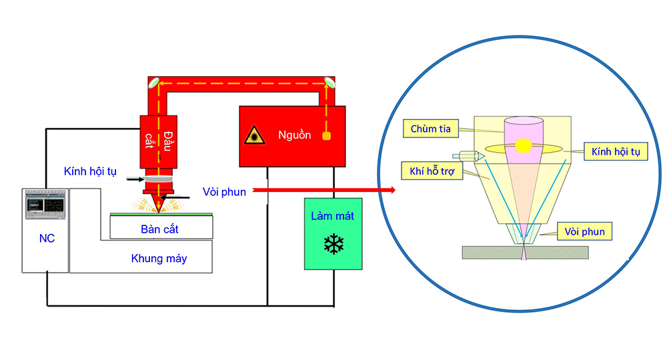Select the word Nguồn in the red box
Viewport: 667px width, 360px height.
(294, 135)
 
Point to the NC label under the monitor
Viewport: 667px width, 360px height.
(46, 239)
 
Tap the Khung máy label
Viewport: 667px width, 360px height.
(159, 259)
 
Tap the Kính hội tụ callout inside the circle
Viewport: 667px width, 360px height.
(615, 153)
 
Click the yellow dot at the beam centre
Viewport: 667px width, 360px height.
(524, 145)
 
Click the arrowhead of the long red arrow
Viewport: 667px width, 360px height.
(392, 191)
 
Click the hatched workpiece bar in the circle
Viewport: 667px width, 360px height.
(525, 251)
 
